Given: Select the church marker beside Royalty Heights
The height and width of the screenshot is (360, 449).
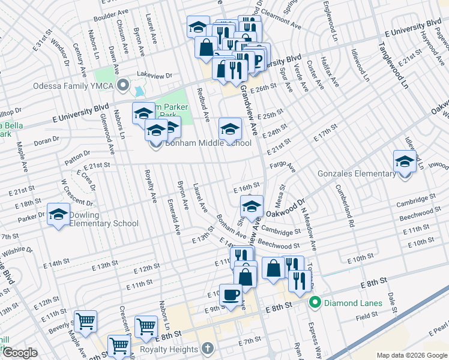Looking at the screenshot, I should point(207,349).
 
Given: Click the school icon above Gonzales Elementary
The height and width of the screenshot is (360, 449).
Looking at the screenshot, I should point(405,161).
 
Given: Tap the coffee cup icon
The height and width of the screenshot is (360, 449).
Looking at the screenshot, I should point(231,295).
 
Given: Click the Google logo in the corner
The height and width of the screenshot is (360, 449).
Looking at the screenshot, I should point(20,353).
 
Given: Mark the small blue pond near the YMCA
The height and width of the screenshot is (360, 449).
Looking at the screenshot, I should point(140,92).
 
